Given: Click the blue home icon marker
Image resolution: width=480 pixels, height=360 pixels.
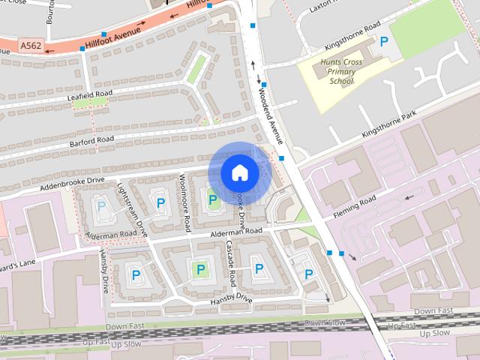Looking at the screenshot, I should coord(239,173).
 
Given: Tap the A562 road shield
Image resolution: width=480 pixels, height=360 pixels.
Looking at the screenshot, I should coord(31,46).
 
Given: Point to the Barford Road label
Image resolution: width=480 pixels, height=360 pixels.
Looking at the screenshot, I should coord(91,139).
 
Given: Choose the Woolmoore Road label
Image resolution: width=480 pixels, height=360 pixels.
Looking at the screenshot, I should coord(185,203).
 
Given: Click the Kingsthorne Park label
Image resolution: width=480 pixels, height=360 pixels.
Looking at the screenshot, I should coord(388,124).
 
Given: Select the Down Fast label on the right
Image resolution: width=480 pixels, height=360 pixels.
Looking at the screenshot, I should coord(433,310).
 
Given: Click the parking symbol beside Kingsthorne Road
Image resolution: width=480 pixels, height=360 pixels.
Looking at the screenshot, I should coord(385,41).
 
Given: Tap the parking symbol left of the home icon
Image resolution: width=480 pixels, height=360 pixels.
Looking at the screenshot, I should coord(212,199).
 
